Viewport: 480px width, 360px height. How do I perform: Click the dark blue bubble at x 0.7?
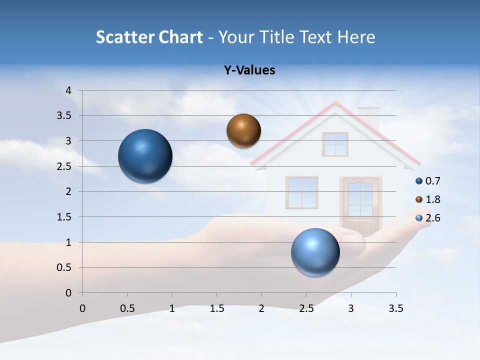point(145,156)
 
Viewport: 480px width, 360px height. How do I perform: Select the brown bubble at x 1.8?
point(243,130)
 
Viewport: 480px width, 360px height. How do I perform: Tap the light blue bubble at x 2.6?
point(315,252)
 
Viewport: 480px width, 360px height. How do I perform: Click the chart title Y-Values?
point(249,70)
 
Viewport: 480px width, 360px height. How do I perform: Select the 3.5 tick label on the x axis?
point(395,308)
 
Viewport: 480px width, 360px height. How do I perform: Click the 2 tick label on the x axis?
point(261,308)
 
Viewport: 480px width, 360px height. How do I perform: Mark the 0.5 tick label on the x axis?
point(127,308)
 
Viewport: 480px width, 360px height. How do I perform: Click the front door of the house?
point(360,205)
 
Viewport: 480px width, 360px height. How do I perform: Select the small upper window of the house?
point(335,144)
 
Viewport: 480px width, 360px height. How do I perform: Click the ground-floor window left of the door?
point(302,192)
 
